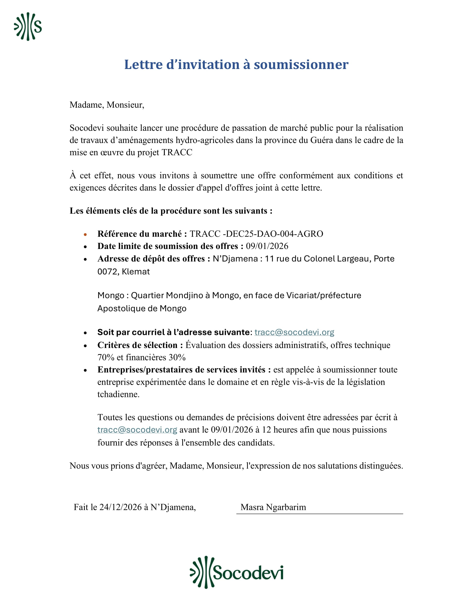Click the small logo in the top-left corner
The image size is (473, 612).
[28, 27]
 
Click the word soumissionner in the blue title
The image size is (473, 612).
[301, 65]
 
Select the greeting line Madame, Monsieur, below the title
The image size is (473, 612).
[107, 105]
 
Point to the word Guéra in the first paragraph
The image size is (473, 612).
[321, 140]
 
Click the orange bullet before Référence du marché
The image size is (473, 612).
[85, 234]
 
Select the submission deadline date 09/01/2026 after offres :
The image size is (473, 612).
[267, 246]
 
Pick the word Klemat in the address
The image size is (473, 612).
[136, 272]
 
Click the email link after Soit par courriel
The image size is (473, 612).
[294, 332]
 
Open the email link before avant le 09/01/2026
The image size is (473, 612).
[137, 430]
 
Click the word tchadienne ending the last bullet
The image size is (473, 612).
[118, 394]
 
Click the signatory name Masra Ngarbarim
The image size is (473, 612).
[273, 507]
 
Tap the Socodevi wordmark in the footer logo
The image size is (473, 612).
[248, 572]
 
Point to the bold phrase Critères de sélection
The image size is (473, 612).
[137, 345]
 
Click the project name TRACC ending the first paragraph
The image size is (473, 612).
[177, 152]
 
